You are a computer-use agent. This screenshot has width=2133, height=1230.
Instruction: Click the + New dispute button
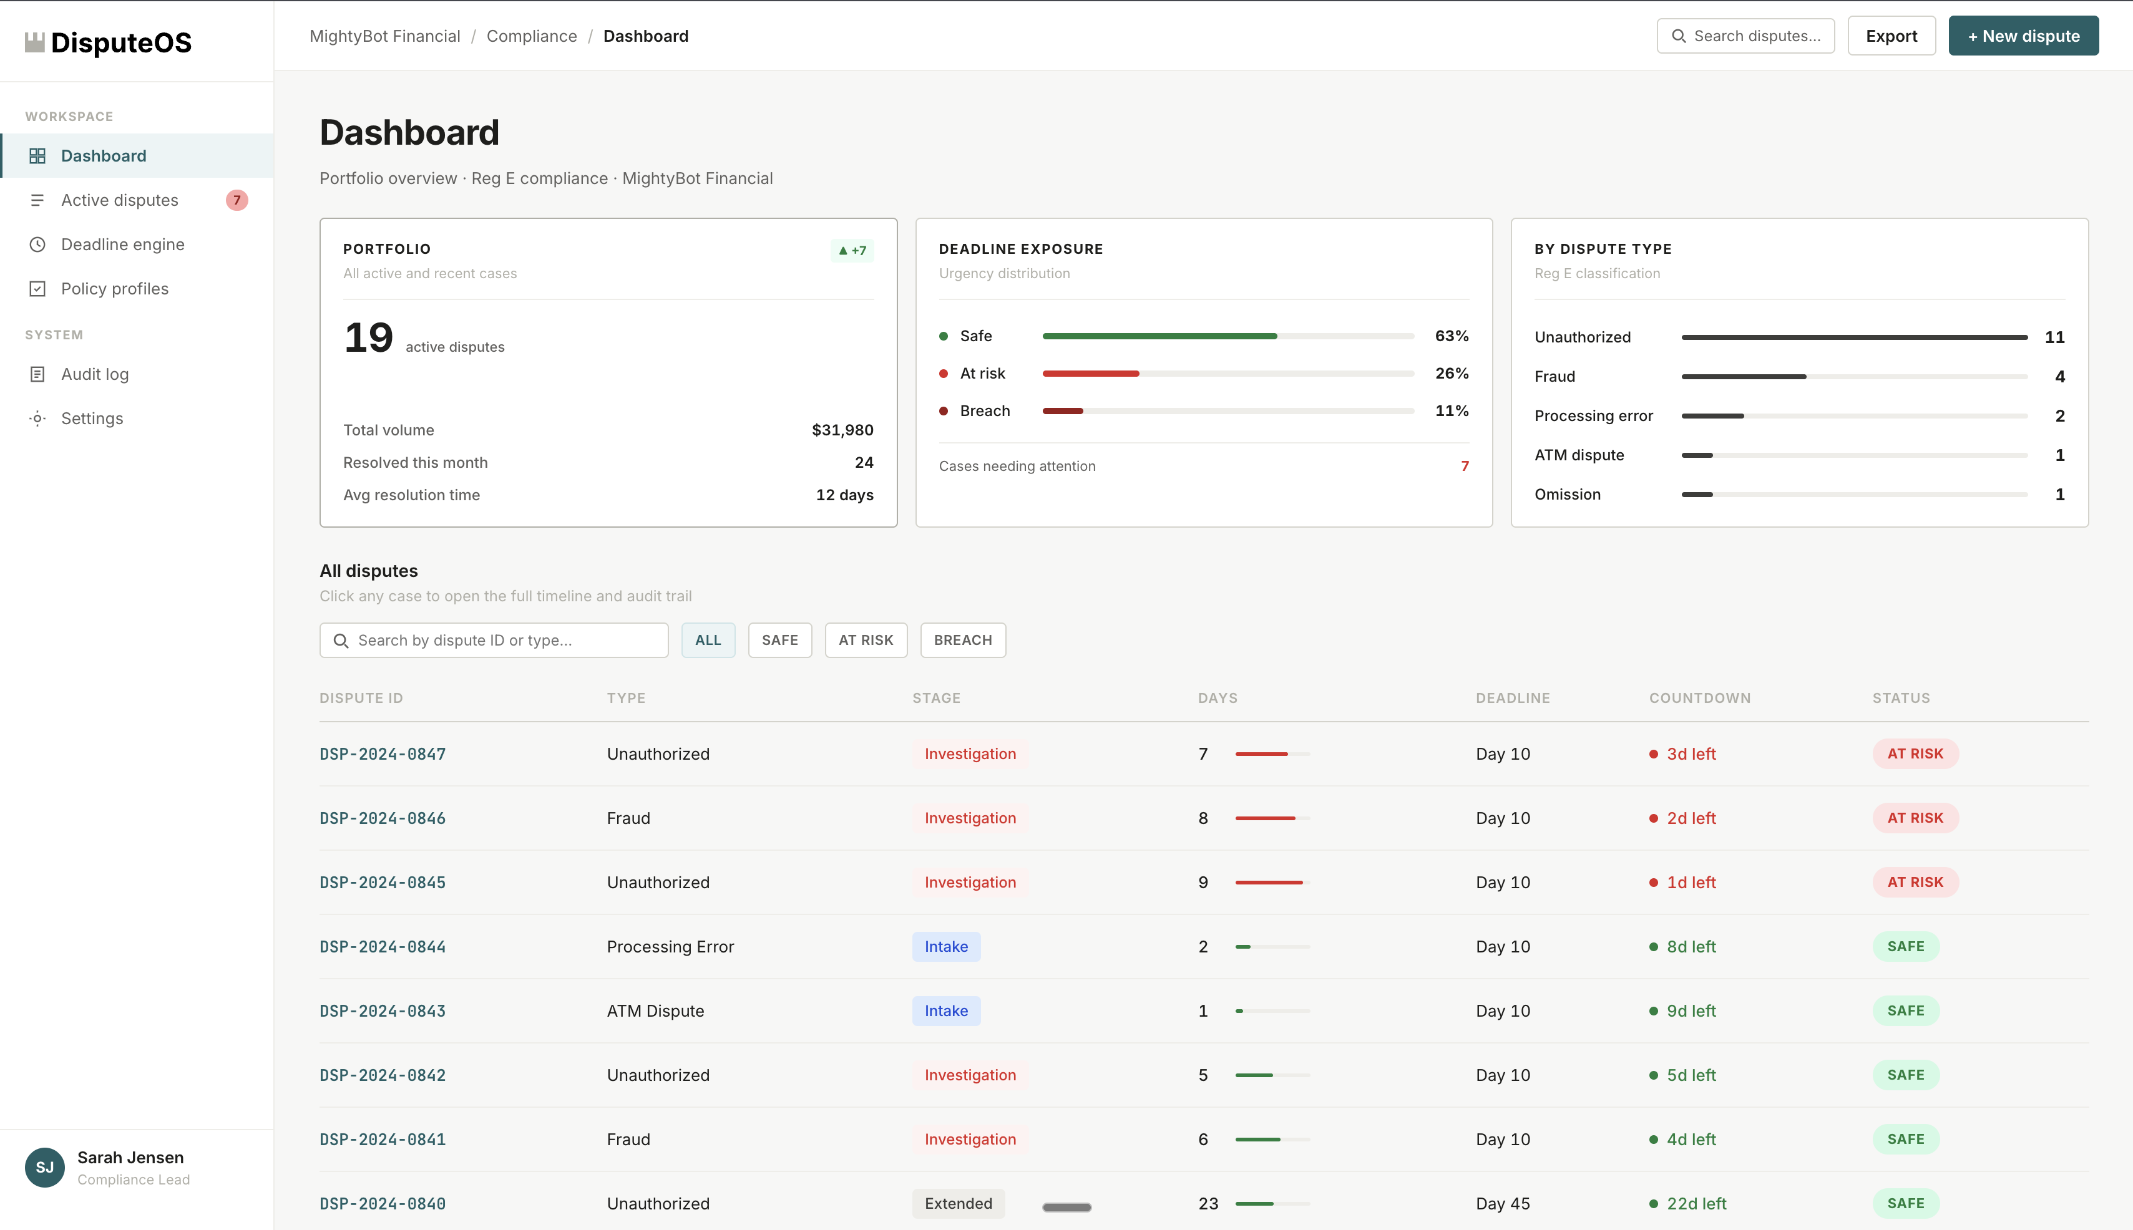click(x=2023, y=36)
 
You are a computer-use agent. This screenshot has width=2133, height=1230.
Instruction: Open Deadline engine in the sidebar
click(x=122, y=244)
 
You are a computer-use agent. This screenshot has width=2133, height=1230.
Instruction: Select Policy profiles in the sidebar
click(x=114, y=289)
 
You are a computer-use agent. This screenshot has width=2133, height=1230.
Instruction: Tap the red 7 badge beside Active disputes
click(x=237, y=200)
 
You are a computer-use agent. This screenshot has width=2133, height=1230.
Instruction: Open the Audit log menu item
click(x=95, y=374)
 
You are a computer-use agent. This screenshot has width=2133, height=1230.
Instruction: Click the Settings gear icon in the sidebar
click(x=37, y=419)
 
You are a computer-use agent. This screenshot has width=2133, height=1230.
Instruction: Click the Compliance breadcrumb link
click(x=532, y=36)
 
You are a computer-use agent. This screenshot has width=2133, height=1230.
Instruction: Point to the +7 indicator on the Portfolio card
click(x=852, y=250)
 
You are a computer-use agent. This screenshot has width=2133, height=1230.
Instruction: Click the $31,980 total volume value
click(x=842, y=430)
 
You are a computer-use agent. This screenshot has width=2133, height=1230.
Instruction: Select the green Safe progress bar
click(x=1159, y=336)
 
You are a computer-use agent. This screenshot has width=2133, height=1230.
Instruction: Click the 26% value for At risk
click(x=1451, y=374)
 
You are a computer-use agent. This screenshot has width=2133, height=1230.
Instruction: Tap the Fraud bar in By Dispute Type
click(x=1744, y=377)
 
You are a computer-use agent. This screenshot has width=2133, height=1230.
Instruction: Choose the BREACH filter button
click(x=962, y=641)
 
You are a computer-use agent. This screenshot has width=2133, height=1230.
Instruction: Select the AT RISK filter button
click(x=866, y=641)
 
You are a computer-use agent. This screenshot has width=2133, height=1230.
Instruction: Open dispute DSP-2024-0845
click(x=382, y=882)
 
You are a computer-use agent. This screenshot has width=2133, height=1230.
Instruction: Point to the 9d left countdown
click(x=1690, y=1010)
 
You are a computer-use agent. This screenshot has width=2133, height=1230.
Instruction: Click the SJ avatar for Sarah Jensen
click(x=45, y=1168)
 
